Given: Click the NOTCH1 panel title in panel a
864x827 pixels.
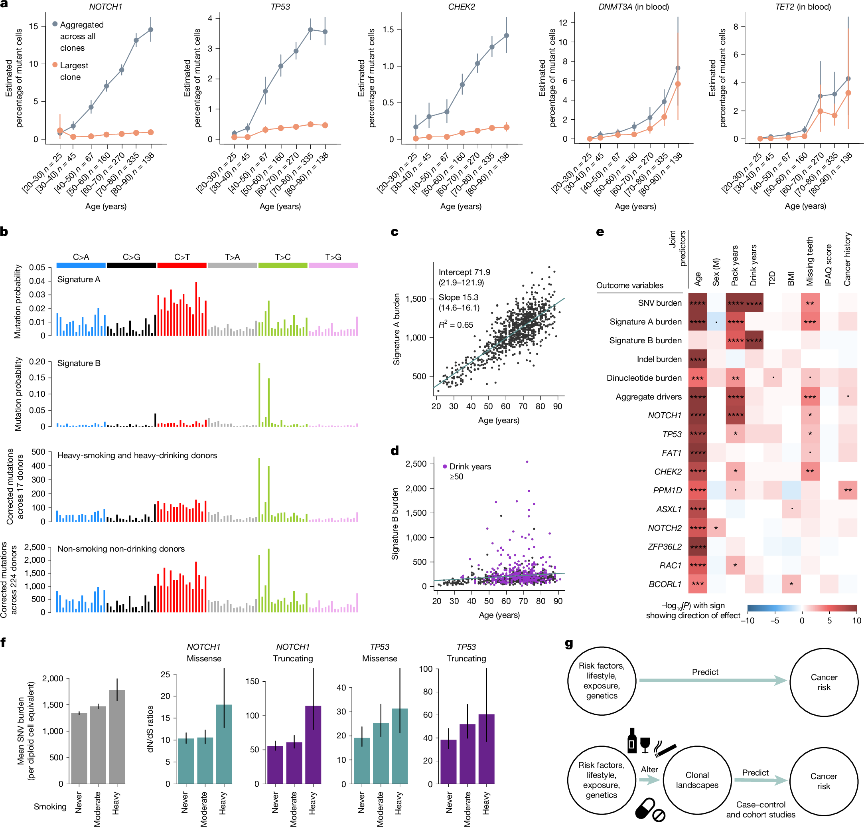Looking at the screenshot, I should [x=105, y=7].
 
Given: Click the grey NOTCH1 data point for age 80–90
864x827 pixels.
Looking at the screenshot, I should [x=151, y=30].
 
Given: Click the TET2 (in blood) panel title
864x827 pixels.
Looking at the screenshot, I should [x=803, y=7].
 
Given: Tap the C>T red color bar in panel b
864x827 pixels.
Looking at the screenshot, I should [x=181, y=265].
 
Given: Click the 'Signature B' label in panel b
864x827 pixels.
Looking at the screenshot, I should [x=79, y=363].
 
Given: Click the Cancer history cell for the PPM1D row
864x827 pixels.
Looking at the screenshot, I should [x=847, y=490].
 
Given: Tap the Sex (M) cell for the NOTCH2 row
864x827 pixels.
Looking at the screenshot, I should [x=716, y=528].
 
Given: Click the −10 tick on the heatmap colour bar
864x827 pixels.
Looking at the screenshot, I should [x=747, y=621].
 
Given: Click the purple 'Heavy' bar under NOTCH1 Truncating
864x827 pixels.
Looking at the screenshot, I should [x=313, y=744].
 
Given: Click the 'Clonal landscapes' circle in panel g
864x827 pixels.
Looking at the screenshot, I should [x=697, y=780].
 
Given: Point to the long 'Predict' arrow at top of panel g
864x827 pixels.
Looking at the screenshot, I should [x=712, y=681].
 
